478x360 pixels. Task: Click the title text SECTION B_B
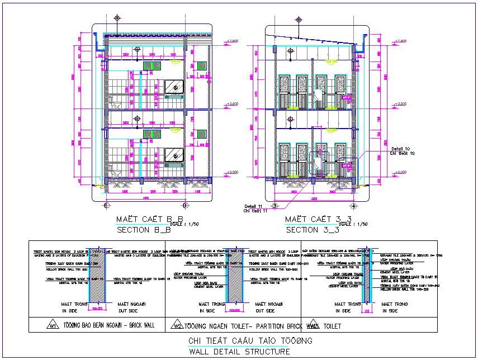click(x=143, y=230)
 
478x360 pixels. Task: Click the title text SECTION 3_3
click(x=313, y=230)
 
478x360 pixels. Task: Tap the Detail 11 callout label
click(x=255, y=206)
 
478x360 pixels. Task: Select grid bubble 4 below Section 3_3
click(x=353, y=206)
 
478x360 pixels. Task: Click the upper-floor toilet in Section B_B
click(x=113, y=103)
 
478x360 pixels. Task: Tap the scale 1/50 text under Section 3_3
click(x=353, y=224)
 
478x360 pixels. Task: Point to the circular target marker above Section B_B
click(x=117, y=18)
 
